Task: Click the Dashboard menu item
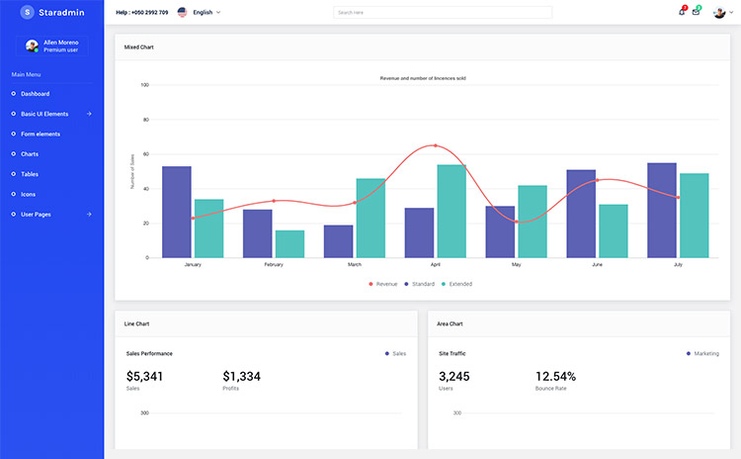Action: click(35, 93)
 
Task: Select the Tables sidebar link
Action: click(30, 174)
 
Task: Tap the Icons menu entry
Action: click(28, 194)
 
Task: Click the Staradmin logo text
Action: click(61, 12)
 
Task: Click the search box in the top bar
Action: click(443, 12)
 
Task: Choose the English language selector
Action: click(202, 12)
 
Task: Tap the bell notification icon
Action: click(681, 12)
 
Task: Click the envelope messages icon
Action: click(696, 12)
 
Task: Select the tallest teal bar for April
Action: click(452, 211)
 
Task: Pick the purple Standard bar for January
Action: click(177, 212)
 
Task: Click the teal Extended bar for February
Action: click(289, 243)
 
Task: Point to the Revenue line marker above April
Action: click(436, 145)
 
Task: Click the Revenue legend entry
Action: click(382, 284)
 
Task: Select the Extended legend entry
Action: click(456, 284)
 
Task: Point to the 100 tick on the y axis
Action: click(144, 85)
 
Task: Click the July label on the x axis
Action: click(677, 265)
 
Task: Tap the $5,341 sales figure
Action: click(145, 376)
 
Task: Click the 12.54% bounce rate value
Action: click(555, 376)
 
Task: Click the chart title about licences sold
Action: click(423, 77)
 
